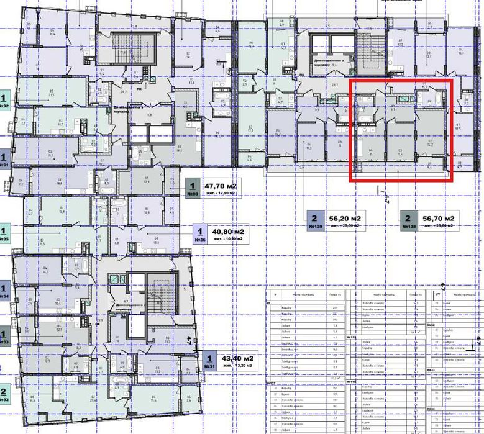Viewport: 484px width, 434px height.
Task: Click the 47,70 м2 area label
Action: pos(221,185)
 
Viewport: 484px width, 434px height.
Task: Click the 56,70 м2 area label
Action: pos(439,219)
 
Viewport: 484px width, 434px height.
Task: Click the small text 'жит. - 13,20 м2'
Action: pos(233,366)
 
